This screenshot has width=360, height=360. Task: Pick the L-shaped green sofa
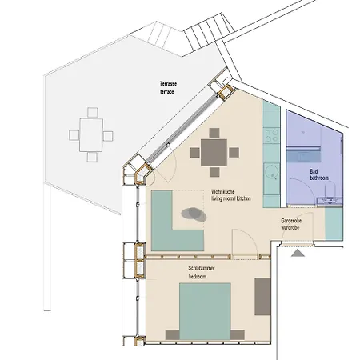click(x=171, y=225)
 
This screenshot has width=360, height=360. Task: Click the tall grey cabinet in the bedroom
click(x=262, y=296)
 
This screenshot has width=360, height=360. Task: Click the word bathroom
click(x=320, y=179)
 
